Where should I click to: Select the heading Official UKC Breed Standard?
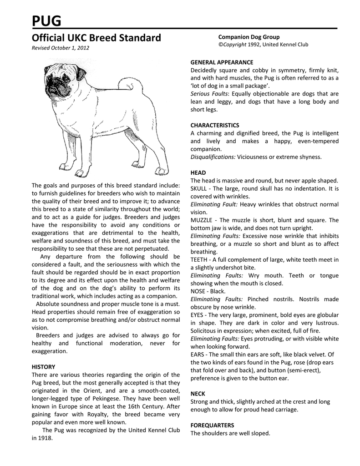coord(96,38)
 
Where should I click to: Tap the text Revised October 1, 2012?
coord(60,48)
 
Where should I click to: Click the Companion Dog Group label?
coord(249,37)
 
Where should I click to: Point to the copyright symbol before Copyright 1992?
coord(220,45)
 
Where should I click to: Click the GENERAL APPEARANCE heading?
coord(222,62)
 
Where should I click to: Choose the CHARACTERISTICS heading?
coord(215,125)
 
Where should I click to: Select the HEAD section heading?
coord(198,173)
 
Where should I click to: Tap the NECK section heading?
coord(198,393)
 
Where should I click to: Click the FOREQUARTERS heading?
coord(212,425)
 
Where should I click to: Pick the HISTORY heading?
coord(43,366)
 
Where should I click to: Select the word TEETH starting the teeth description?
coord(199,260)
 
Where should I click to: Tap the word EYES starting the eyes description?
coord(198,315)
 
